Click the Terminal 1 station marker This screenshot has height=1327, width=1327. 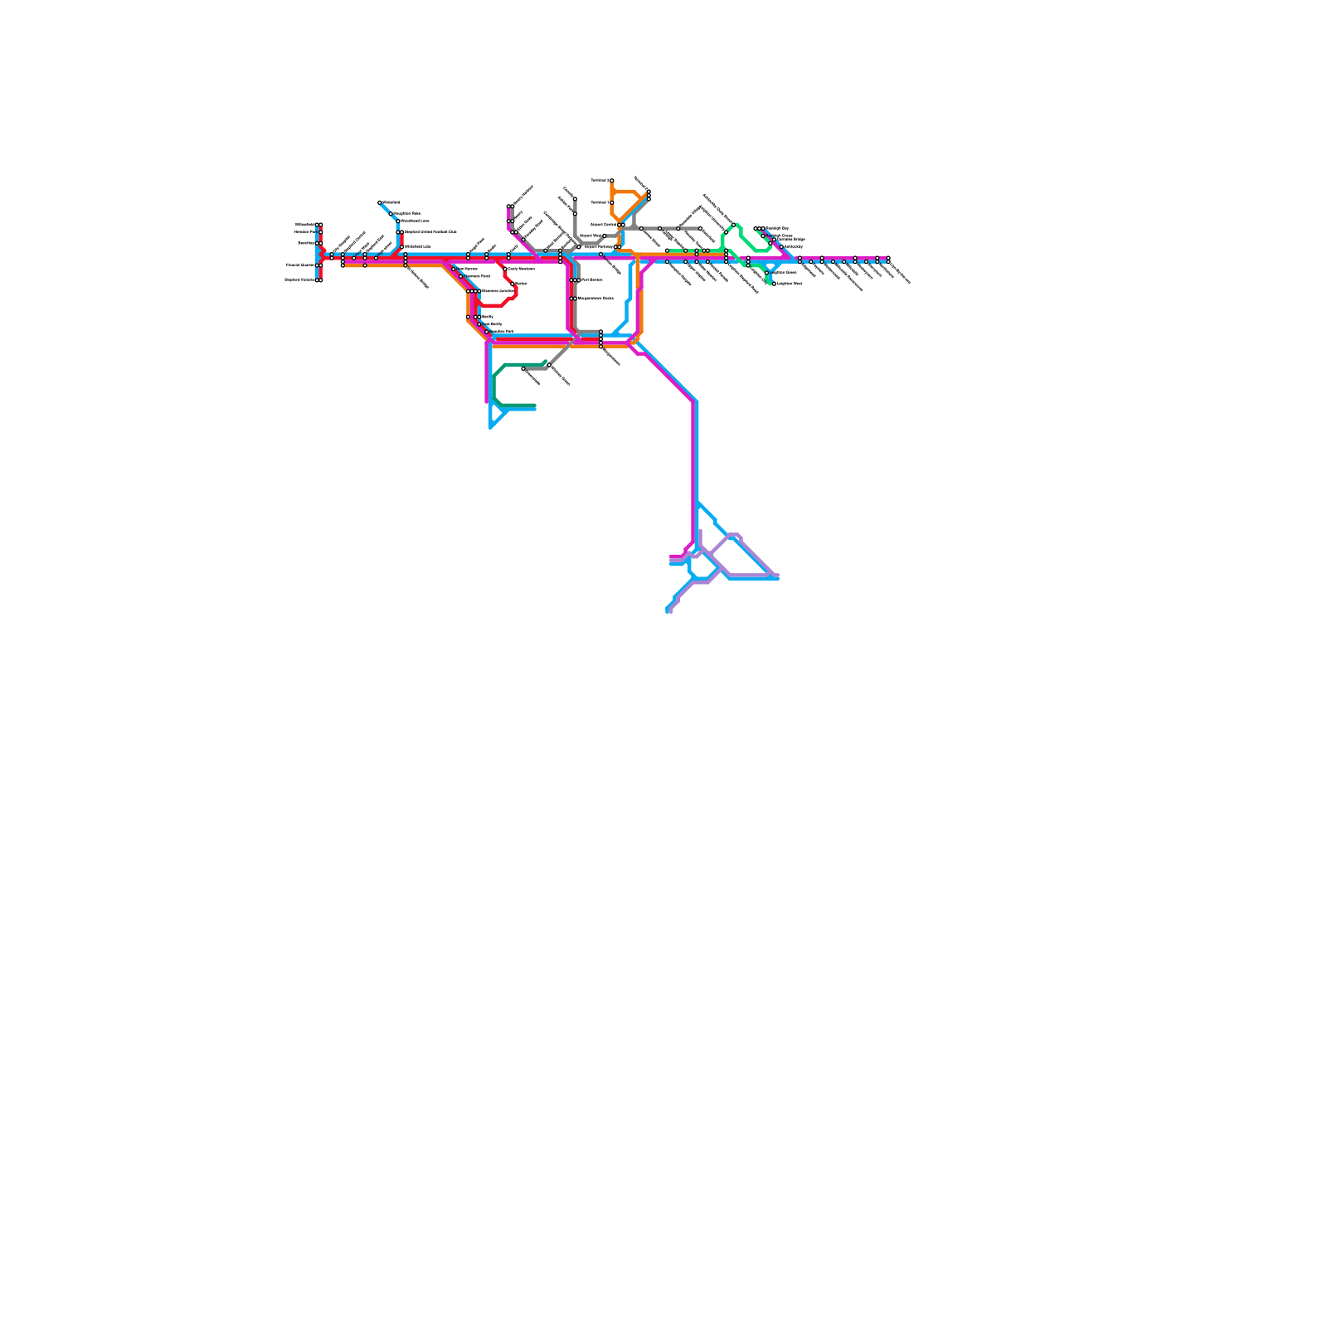point(612,202)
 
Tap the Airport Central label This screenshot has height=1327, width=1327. point(603,225)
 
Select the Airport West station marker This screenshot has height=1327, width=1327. point(605,236)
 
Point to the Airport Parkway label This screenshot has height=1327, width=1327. point(599,247)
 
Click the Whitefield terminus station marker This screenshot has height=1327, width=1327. point(380,202)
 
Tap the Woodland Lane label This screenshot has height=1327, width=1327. point(415,221)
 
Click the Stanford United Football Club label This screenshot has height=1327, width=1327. point(430,232)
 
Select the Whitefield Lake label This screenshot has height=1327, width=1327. point(417,246)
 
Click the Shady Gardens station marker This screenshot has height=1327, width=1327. point(505,270)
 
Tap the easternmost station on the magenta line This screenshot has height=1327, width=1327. point(887,259)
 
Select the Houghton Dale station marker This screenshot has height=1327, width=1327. point(391,213)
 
